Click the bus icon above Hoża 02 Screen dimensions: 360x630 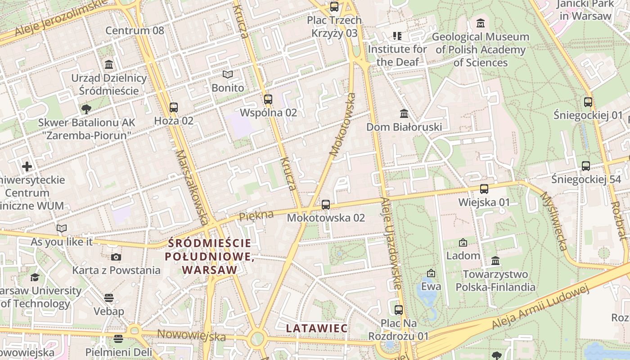point(174,108)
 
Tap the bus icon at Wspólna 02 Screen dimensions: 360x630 point(268,99)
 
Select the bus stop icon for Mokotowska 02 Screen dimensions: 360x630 point(326,205)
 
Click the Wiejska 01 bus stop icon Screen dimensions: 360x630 point(484,189)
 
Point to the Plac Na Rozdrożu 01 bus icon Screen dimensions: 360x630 point(399,310)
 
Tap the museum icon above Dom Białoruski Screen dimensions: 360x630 point(404,113)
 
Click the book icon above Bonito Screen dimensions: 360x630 point(228,75)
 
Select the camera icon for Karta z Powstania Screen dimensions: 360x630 point(116,257)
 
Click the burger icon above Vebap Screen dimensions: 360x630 point(108,298)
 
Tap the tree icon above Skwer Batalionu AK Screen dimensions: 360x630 point(86,109)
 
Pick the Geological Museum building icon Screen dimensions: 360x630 point(481,23)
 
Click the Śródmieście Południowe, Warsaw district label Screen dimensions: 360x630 point(210,256)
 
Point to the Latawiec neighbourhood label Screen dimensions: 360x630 point(317,328)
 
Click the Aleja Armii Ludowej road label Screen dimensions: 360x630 point(540,307)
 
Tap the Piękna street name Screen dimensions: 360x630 point(256,216)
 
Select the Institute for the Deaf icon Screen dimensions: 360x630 point(397,36)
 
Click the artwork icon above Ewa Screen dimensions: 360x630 point(431,273)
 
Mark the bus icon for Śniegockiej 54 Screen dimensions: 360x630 point(586,166)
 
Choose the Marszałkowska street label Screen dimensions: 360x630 point(193,187)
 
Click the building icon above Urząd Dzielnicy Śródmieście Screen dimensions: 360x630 point(109,65)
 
